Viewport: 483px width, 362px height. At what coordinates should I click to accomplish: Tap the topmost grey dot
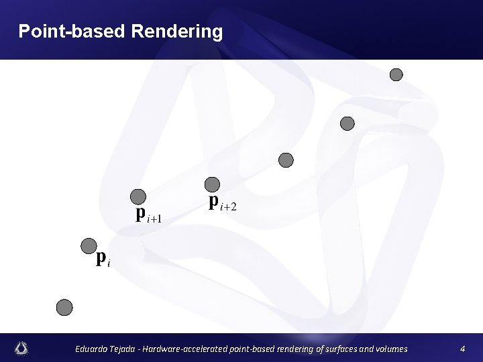click(x=396, y=74)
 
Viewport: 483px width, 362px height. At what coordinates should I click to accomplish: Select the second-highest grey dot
click(x=347, y=123)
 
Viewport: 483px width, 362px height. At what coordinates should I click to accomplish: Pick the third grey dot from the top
click(x=286, y=160)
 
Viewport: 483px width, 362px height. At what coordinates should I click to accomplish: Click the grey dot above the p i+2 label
click(x=212, y=184)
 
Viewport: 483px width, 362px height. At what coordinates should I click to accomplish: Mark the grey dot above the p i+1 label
click(x=138, y=196)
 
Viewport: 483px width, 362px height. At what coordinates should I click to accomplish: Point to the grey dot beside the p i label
click(x=89, y=246)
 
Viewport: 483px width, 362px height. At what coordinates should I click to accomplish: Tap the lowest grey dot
click(x=64, y=307)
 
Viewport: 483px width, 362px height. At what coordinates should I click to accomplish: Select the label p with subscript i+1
click(x=148, y=215)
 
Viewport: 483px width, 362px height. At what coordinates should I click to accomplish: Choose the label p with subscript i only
click(x=103, y=258)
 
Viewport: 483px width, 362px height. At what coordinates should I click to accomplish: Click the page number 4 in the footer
click(x=462, y=349)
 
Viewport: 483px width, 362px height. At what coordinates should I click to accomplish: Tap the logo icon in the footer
click(x=21, y=348)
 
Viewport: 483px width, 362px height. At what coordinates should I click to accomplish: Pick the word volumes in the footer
click(x=390, y=349)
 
